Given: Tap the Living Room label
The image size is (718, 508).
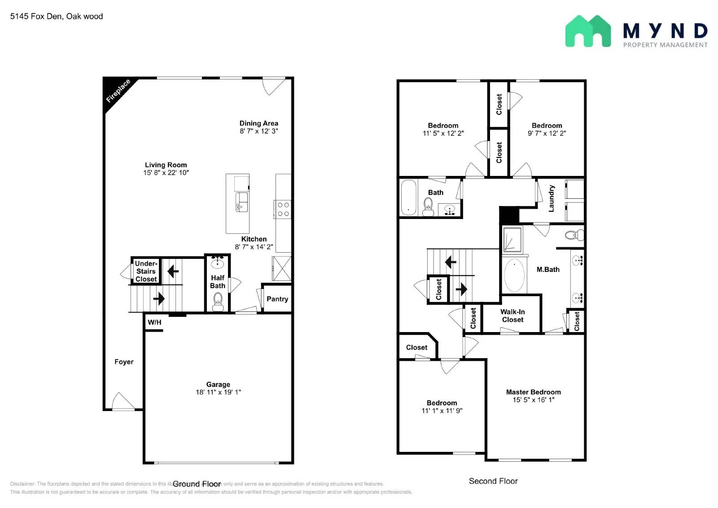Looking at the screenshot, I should [166, 165].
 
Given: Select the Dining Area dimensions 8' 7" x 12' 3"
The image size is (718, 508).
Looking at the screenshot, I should [258, 131].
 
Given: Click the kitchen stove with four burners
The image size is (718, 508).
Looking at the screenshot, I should [283, 210].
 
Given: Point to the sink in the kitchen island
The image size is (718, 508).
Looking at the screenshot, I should [241, 201].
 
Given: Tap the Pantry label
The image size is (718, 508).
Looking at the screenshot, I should [277, 299].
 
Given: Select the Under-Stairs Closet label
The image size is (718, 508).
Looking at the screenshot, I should [146, 271].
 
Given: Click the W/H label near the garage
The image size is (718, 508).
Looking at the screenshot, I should [154, 322].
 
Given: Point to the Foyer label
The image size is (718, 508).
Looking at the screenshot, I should [124, 362].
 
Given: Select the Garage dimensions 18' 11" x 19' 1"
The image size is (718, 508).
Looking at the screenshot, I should [218, 392].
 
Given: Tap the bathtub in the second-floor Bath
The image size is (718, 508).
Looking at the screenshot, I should [408, 198].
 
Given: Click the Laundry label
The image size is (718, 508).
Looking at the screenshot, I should [552, 198].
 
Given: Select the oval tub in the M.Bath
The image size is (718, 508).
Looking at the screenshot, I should [514, 275].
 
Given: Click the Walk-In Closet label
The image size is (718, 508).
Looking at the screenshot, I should [512, 316].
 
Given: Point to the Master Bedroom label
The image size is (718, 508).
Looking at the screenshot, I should [533, 392].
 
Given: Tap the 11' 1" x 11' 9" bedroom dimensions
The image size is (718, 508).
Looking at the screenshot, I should [442, 411].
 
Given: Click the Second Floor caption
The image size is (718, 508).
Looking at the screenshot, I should [493, 481].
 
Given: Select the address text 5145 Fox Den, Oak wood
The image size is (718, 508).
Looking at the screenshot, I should [57, 17].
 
